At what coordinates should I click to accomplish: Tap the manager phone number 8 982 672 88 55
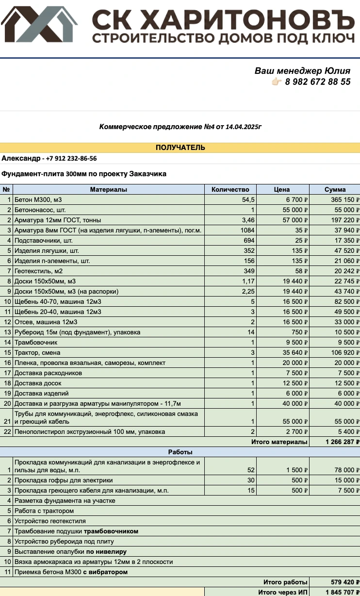(x=318, y=82)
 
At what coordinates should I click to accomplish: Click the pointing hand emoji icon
(x=277, y=82)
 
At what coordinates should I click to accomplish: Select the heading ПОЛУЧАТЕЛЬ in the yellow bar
(x=180, y=148)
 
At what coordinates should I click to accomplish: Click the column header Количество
(x=230, y=189)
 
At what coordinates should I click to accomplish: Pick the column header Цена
(x=282, y=189)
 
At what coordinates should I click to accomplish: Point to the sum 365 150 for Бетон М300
(x=337, y=199)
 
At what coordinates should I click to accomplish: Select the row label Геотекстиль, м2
(x=39, y=271)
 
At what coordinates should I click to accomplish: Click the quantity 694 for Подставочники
(x=248, y=240)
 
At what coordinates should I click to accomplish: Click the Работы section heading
(x=180, y=452)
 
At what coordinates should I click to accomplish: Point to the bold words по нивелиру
(x=106, y=551)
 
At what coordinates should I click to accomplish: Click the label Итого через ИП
(x=283, y=592)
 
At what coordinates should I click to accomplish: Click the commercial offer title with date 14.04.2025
(x=180, y=127)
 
